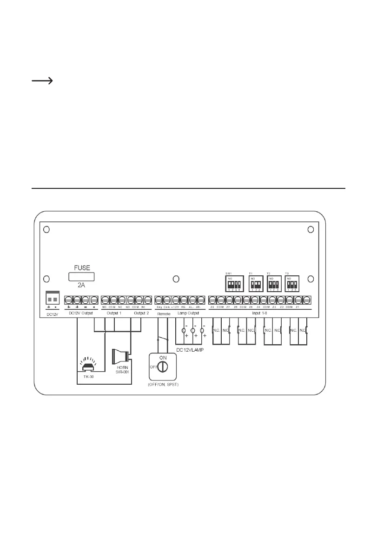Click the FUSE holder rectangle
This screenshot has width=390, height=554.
(x=82, y=277)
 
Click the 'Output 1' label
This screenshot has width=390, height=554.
(x=114, y=314)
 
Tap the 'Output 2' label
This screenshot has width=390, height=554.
(x=141, y=314)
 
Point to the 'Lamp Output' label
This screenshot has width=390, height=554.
(x=188, y=314)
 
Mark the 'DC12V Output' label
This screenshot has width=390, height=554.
(x=81, y=314)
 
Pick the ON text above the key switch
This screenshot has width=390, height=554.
(x=163, y=357)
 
